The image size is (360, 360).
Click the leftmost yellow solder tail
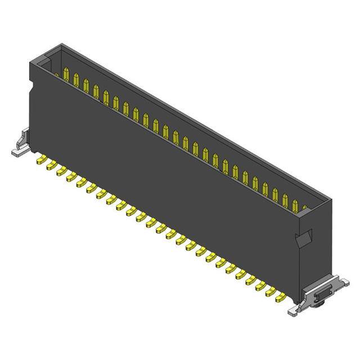point(40,161)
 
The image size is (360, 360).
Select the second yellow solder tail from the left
point(50,166)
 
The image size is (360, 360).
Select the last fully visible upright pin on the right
point(295,204)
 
